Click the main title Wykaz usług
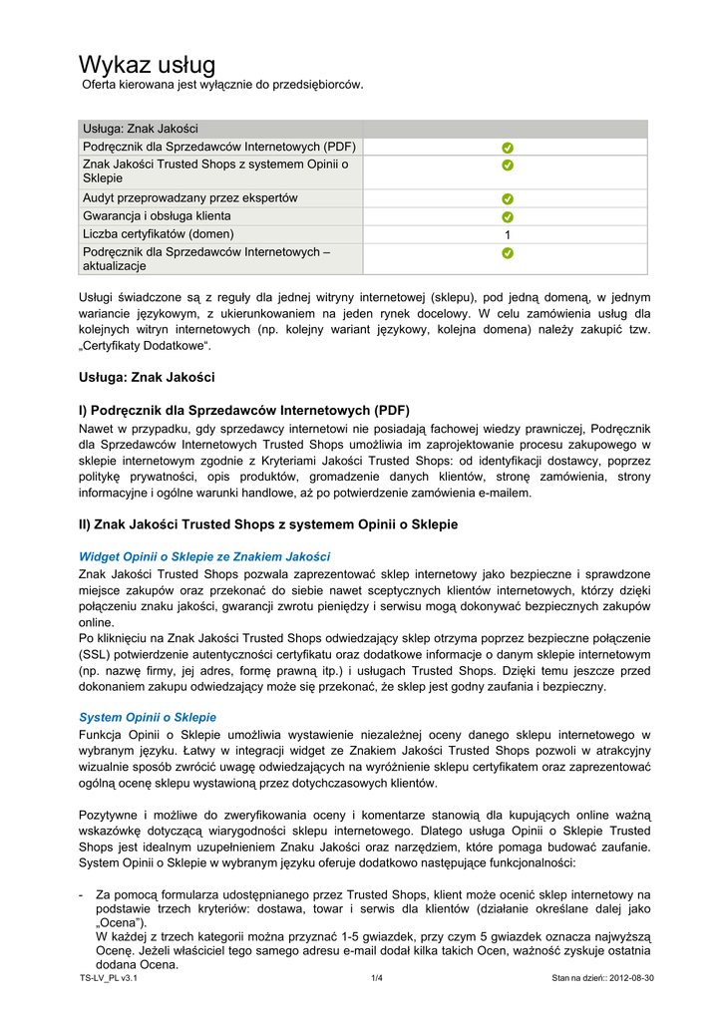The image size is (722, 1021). [x=147, y=65]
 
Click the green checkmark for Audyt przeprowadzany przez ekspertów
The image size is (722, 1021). [x=507, y=198]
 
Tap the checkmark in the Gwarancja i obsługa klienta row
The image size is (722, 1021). [x=507, y=216]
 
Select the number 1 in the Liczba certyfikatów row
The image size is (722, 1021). [x=507, y=234]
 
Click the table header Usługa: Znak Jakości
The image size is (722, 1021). [x=140, y=129]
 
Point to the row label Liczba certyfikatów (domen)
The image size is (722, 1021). [x=158, y=234]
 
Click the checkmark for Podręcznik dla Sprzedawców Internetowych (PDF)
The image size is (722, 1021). [x=507, y=148]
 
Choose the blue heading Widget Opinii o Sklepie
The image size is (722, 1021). [x=203, y=556]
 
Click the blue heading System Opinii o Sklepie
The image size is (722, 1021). [x=147, y=717]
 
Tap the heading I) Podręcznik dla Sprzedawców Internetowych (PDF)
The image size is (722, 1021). [x=243, y=410]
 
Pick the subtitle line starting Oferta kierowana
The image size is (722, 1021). [x=221, y=85]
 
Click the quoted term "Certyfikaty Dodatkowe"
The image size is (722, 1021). [x=145, y=346]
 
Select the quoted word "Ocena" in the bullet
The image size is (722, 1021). [x=119, y=923]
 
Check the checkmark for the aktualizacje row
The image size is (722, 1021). [x=507, y=253]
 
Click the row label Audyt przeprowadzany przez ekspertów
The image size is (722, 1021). [x=189, y=198]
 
